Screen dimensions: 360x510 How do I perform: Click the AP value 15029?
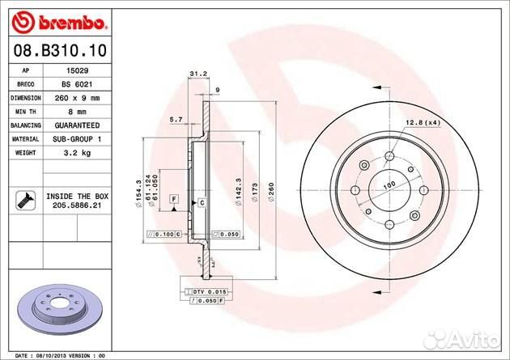click(x=76, y=71)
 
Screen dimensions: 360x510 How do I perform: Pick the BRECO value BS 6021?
click(x=76, y=84)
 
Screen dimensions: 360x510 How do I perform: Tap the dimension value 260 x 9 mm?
click(x=76, y=98)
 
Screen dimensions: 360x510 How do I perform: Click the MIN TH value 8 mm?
click(x=76, y=112)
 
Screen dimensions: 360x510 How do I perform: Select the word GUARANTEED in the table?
click(x=76, y=125)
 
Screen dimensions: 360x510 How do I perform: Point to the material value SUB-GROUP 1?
click(x=76, y=139)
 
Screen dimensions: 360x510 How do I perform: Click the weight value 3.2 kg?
click(x=76, y=153)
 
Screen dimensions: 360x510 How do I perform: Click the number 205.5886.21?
click(x=77, y=207)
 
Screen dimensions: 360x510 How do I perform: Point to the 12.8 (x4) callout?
click(x=421, y=123)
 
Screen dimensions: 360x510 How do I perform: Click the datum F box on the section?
click(x=173, y=198)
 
